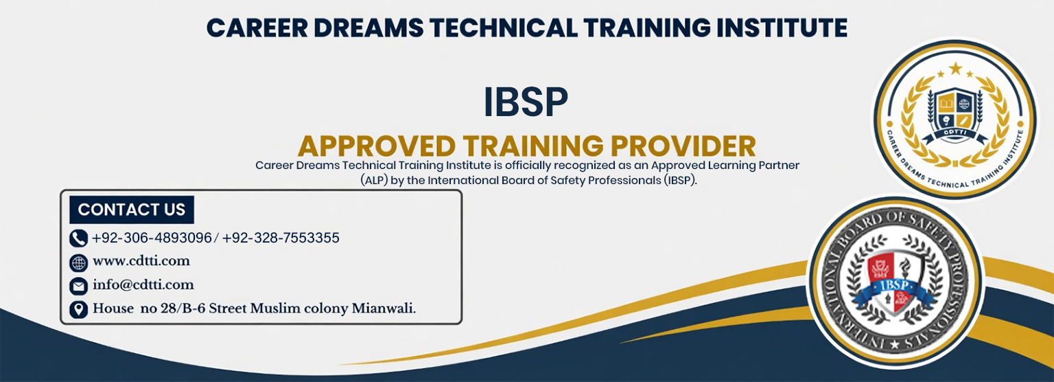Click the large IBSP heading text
[x=526, y=102]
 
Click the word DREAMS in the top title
[x=368, y=27]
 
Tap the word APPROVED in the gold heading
[x=377, y=146]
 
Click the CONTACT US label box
[x=132, y=210]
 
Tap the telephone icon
[x=79, y=238]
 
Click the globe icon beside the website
[x=79, y=263]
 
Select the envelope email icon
[x=79, y=286]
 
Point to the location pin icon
[x=79, y=309]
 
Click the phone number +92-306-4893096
[x=152, y=238]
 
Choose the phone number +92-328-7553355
[x=281, y=238]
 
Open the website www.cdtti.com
[x=141, y=261]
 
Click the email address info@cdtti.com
[x=143, y=284]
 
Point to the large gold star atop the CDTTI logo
[x=956, y=69]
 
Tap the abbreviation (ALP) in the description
[x=375, y=181]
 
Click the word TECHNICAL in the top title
[x=504, y=27]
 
